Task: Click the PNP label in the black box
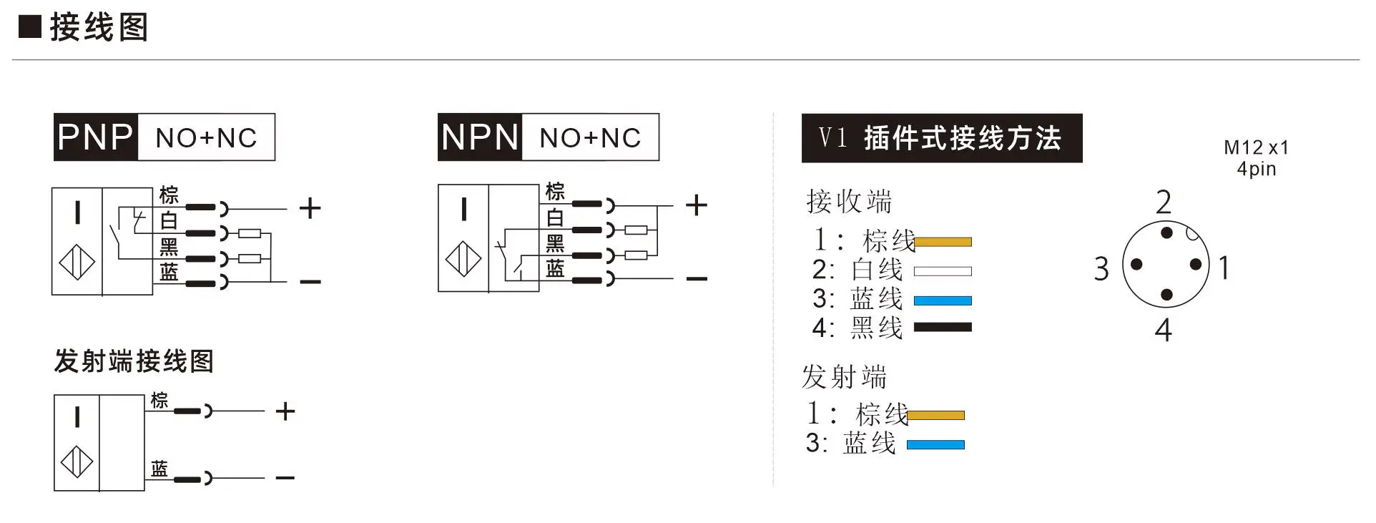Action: click(95, 137)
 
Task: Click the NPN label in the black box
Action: click(479, 137)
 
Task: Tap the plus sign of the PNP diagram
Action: click(310, 208)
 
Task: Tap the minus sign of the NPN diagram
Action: click(697, 278)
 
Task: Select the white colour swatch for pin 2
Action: click(943, 271)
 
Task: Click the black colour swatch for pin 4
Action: click(943, 327)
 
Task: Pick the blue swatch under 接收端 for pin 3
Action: click(943, 300)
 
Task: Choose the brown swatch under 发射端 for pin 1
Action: click(935, 415)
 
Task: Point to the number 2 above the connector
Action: click(1164, 202)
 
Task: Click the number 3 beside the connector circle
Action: click(1101, 269)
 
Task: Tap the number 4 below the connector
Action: click(1164, 330)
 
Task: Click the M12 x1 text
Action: click(1256, 147)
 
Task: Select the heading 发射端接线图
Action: click(134, 361)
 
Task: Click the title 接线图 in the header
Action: click(99, 27)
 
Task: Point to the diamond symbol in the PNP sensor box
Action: click(77, 263)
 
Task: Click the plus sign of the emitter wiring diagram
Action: click(285, 411)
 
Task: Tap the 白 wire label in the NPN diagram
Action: click(555, 217)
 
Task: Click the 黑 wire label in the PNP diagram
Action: click(169, 247)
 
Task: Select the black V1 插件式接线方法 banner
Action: click(942, 137)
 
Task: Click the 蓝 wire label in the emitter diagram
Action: click(159, 469)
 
